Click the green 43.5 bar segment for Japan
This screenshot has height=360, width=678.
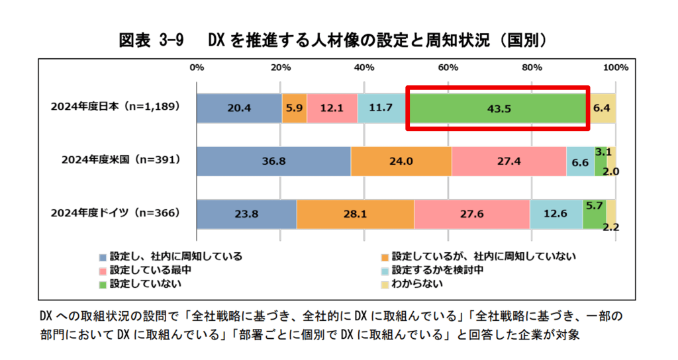pyautogui.click(x=498, y=108)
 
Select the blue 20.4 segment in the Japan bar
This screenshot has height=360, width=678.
pyautogui.click(x=239, y=108)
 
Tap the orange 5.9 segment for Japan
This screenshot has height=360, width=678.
pyautogui.click(x=294, y=108)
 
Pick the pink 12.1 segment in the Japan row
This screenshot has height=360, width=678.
pyautogui.click(x=332, y=108)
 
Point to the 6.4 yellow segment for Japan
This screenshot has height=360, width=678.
pyautogui.click(x=602, y=108)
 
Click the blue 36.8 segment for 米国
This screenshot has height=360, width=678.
pyautogui.click(x=273, y=161)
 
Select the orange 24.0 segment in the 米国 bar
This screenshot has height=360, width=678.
pyautogui.click(x=401, y=161)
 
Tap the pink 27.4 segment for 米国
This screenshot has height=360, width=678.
pyautogui.click(x=508, y=161)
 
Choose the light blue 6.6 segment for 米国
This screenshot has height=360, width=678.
pyautogui.click(x=580, y=161)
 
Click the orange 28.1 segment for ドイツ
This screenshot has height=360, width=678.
pyautogui.click(x=356, y=214)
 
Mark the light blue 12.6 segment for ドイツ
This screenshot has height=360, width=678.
pyautogui.click(x=556, y=214)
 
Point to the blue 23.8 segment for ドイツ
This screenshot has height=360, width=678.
pyautogui.click(x=246, y=214)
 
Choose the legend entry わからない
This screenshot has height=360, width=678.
pyautogui.click(x=417, y=284)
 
